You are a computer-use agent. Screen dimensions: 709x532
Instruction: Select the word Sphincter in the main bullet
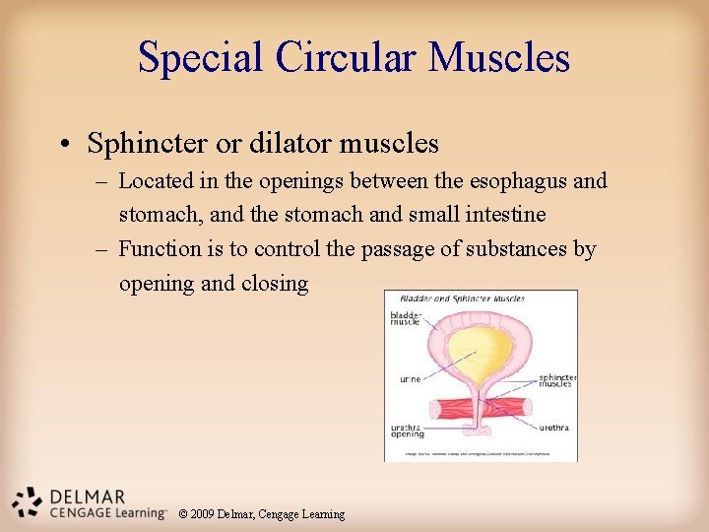pyautogui.click(x=147, y=144)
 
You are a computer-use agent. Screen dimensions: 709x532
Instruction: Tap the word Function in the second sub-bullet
pyautogui.click(x=158, y=249)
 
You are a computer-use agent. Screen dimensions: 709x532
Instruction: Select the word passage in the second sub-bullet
pyautogui.click(x=397, y=249)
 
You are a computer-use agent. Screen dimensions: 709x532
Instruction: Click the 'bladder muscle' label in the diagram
pyautogui.click(x=406, y=319)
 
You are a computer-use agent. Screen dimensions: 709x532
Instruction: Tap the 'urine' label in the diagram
pyautogui.click(x=410, y=379)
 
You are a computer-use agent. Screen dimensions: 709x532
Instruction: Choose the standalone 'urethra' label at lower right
pyautogui.click(x=553, y=428)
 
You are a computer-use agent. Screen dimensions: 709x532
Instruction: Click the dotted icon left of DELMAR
pyautogui.click(x=28, y=501)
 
